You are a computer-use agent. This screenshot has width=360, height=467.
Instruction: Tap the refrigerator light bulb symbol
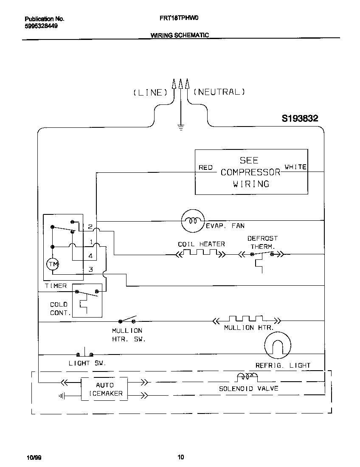(277, 344)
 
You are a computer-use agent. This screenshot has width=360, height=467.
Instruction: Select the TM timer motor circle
(53, 264)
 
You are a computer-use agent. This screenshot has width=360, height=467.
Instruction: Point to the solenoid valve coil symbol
(247, 377)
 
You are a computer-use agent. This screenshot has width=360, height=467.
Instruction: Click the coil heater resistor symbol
(201, 253)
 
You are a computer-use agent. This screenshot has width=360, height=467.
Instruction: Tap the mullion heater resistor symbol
(246, 319)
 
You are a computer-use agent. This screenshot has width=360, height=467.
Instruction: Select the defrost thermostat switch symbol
(264, 255)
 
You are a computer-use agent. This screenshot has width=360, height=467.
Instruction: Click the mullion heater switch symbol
(128, 319)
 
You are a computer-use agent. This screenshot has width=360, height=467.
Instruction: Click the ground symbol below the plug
(180, 127)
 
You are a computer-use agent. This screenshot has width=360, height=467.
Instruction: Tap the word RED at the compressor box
(205, 168)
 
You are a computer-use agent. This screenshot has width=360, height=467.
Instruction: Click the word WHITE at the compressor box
(295, 167)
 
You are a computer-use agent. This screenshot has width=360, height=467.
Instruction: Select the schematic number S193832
(300, 119)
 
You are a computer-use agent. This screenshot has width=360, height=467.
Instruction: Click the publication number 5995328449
(41, 26)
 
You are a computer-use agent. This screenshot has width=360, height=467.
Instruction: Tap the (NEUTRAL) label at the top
(219, 92)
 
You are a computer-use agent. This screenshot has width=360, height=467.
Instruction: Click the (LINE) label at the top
(148, 92)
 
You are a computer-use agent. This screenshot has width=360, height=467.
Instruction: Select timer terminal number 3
(90, 269)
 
